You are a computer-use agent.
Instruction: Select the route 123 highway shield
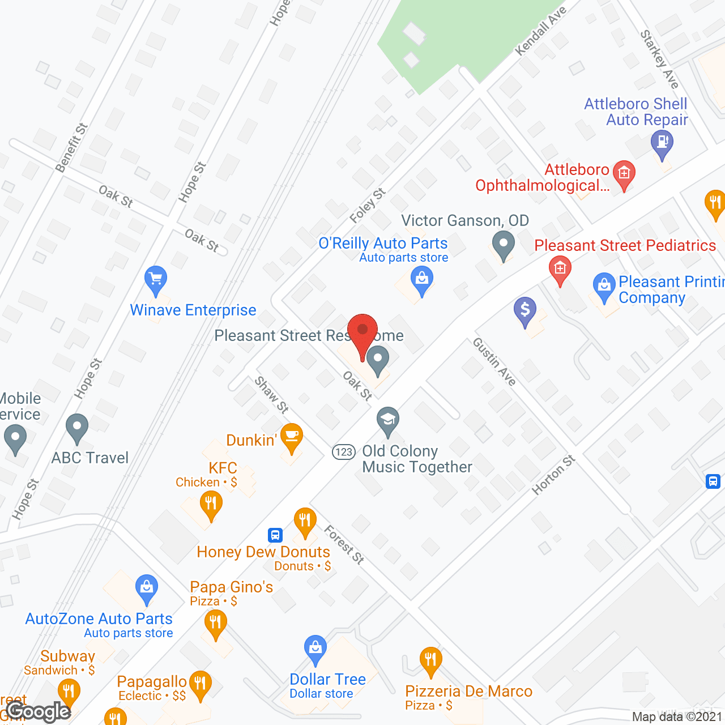click(343, 452)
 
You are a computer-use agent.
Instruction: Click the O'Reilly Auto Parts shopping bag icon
click(421, 280)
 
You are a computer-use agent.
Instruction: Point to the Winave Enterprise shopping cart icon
click(156, 280)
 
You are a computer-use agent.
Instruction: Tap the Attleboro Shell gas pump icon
click(662, 142)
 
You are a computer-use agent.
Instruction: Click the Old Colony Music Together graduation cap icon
click(388, 421)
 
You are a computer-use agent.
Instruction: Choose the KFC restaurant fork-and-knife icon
click(211, 504)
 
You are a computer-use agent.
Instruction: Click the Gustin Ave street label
click(494, 362)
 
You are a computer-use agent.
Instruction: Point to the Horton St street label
click(553, 475)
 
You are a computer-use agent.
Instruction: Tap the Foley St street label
click(368, 206)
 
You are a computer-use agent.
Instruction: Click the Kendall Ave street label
click(540, 31)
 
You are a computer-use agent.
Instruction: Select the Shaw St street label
click(272, 395)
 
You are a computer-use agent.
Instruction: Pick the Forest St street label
click(344, 544)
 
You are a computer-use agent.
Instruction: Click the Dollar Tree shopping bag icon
click(315, 649)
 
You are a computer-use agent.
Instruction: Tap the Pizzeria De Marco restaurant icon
click(431, 660)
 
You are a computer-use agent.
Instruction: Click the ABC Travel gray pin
click(77, 428)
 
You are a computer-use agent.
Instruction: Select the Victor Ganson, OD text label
click(465, 220)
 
